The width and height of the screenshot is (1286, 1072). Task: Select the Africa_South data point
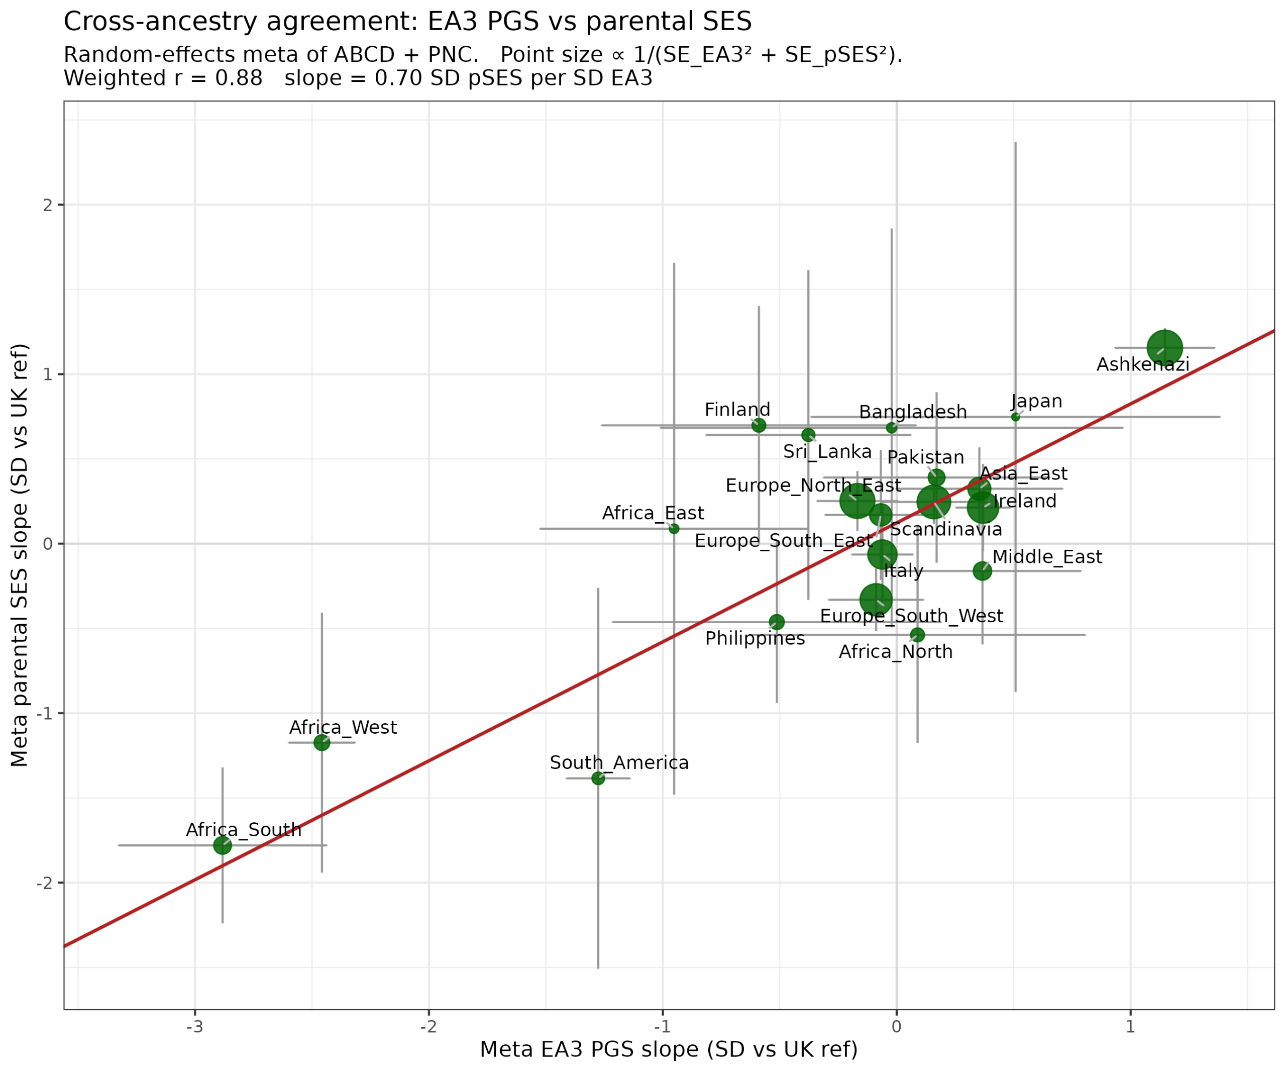click(223, 845)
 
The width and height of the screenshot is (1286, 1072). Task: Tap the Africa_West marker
click(321, 742)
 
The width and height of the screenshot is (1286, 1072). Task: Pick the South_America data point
click(598, 778)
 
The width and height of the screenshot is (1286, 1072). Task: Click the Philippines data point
click(777, 622)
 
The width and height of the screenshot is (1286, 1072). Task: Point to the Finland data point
click(759, 425)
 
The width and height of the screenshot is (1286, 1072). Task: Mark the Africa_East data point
click(674, 529)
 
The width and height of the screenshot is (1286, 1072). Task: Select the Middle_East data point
click(982, 571)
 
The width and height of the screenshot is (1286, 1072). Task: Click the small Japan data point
click(1015, 417)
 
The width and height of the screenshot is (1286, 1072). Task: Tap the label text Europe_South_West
click(911, 616)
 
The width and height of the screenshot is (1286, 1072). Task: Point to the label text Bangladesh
click(912, 412)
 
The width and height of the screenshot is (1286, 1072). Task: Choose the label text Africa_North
click(895, 651)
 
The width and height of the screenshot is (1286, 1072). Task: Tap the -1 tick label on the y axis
click(44, 714)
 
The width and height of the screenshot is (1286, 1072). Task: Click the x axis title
click(669, 1049)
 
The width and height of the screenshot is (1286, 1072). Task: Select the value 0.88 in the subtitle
click(239, 78)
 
